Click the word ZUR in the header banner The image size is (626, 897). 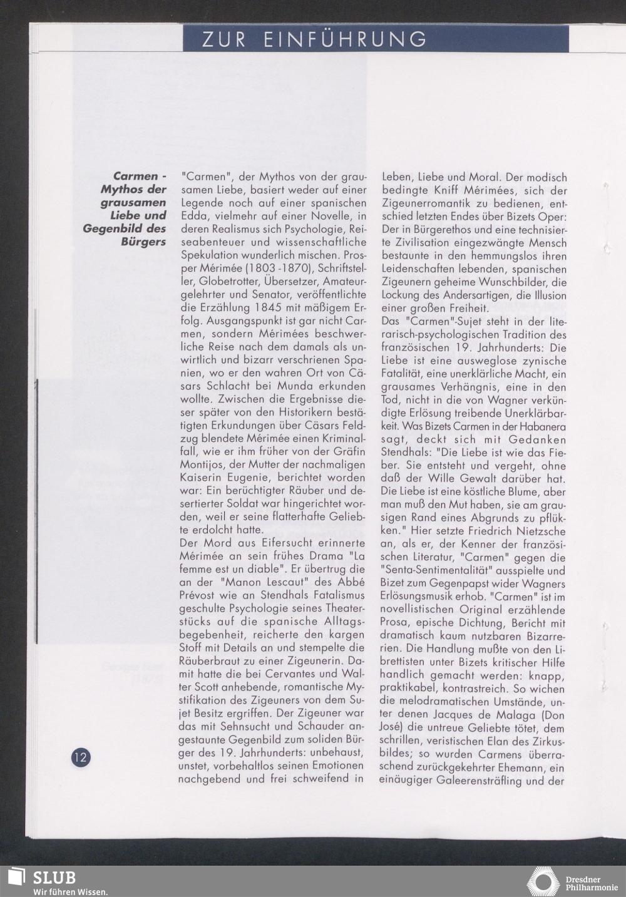point(223,39)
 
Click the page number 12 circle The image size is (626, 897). point(81,757)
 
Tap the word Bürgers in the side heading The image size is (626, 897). point(143,242)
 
